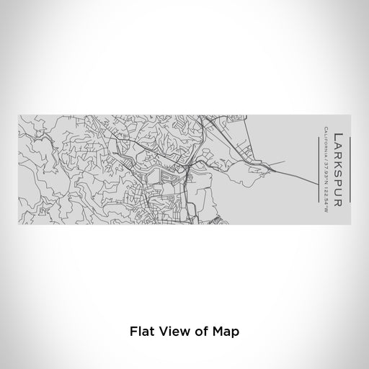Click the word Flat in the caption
(x=141, y=332)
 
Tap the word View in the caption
(x=169, y=332)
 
